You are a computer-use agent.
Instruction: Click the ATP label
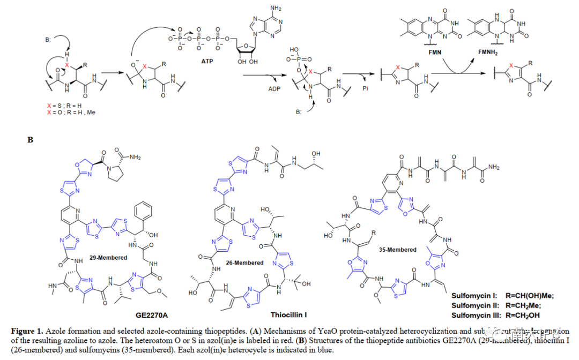pos(207,62)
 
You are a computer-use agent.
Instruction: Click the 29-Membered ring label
pos(108,258)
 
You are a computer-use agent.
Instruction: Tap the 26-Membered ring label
pos(245,262)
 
